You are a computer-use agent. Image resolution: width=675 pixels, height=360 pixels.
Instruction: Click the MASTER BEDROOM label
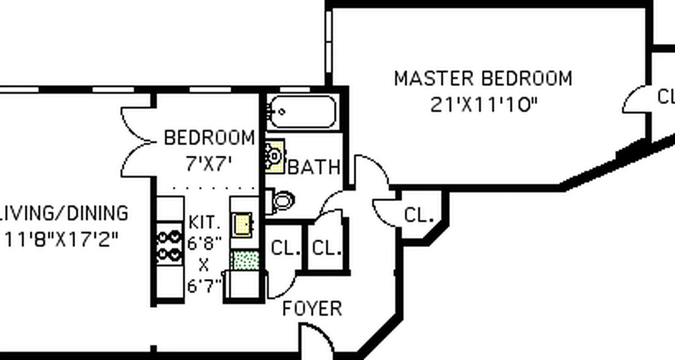[483, 78]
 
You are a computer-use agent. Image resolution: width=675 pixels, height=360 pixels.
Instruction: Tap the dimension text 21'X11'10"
[484, 105]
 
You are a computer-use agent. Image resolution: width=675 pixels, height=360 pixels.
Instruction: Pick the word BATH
[314, 167]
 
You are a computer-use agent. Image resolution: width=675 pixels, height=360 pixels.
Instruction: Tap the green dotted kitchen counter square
[245, 261]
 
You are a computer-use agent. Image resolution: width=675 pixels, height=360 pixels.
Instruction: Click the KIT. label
[205, 222]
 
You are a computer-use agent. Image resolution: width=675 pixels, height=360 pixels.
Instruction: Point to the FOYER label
[312, 309]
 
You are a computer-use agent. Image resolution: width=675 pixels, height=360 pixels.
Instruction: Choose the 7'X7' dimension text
[209, 164]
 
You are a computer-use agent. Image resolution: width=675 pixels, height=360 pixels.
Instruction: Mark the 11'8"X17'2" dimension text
[62, 240]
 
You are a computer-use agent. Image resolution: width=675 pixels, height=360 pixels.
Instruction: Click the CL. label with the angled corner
[418, 216]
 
